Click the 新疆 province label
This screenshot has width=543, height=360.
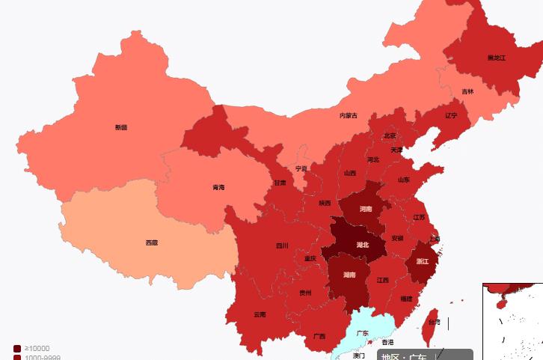[x=121, y=127]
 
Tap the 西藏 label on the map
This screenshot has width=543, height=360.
[x=152, y=242]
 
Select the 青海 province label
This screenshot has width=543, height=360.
[x=218, y=187]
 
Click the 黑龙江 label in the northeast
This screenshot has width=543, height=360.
[x=497, y=58]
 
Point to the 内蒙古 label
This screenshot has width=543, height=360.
[x=349, y=115]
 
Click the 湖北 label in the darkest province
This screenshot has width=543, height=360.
[x=363, y=245]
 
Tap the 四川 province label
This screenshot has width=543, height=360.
[x=282, y=245]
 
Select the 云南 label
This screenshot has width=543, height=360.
[x=260, y=314]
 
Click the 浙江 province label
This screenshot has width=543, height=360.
[x=423, y=261]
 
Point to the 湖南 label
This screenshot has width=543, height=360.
[x=349, y=275]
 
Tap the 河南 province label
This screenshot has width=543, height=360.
[x=366, y=209]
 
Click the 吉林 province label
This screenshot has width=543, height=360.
[x=467, y=91]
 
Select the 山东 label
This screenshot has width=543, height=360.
[x=404, y=180]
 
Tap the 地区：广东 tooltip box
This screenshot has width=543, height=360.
[x=425, y=355]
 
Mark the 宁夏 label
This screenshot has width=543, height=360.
[x=301, y=168]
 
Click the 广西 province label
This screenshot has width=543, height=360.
[x=319, y=336]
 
